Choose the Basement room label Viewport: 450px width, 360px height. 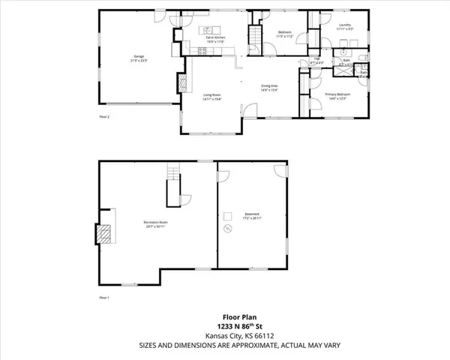click(252, 216)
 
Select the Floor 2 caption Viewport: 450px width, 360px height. click(105, 118)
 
